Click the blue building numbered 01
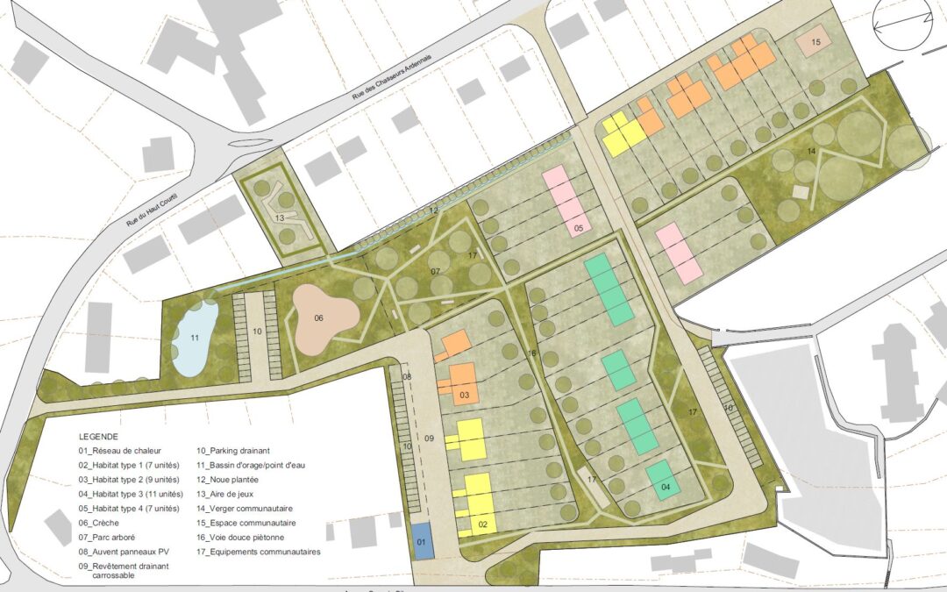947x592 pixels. click(x=422, y=541)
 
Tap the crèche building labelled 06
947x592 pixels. click(x=319, y=317)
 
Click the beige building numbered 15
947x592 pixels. click(x=815, y=42)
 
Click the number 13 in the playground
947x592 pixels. click(x=279, y=217)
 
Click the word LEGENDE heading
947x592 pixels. click(x=97, y=436)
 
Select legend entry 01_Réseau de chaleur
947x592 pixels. click(x=119, y=451)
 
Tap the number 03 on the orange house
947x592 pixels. click(x=464, y=396)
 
